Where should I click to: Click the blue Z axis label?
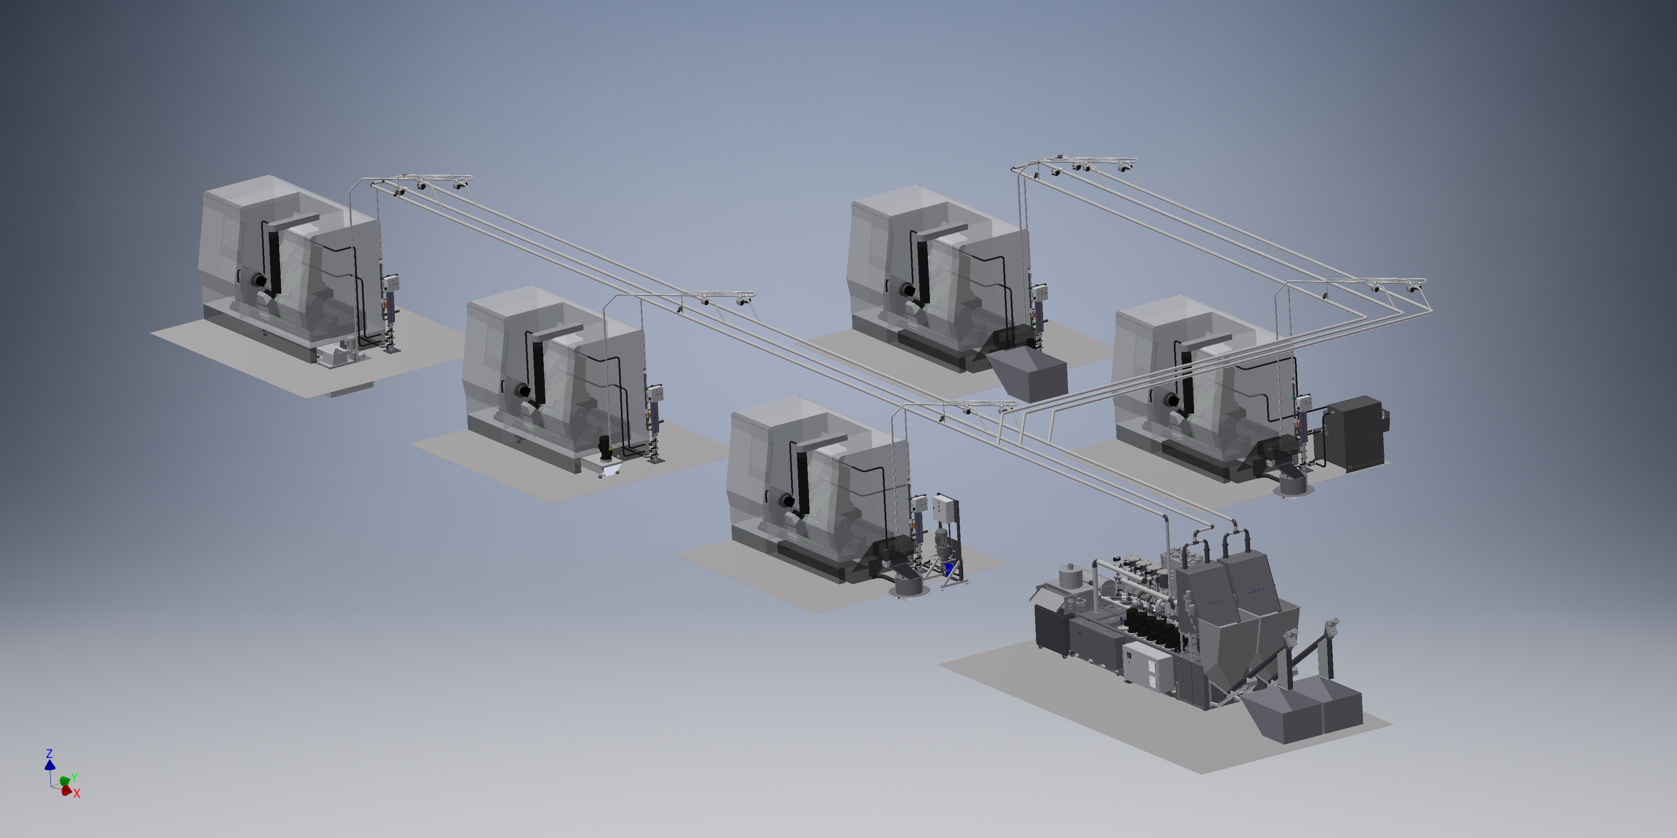[49, 753]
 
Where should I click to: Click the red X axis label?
[77, 794]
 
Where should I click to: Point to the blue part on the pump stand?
[948, 569]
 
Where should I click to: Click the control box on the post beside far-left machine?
[391, 282]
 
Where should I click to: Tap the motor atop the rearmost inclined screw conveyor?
[1331, 626]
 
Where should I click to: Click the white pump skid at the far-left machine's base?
[337, 356]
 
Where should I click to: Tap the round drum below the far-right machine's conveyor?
[1292, 484]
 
